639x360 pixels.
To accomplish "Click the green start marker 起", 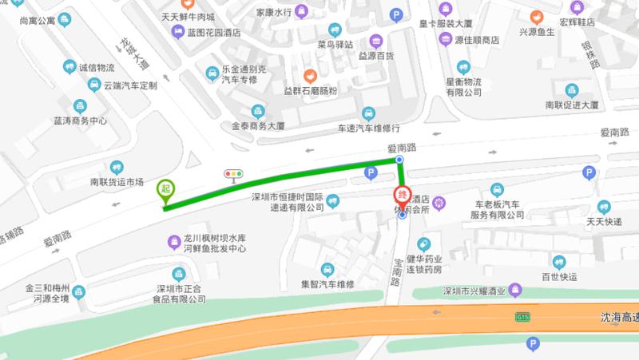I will click(x=166, y=189).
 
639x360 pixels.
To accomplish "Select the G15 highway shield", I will click(x=522, y=318).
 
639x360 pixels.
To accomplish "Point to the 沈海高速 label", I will click(x=619, y=318).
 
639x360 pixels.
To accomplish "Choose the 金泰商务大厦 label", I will click(x=258, y=126).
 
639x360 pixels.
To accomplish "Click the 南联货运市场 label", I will click(x=117, y=182).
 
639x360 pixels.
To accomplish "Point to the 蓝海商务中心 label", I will click(x=81, y=121).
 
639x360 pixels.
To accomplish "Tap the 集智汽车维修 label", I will click(x=327, y=283).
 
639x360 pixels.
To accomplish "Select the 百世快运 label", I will click(x=558, y=276).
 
